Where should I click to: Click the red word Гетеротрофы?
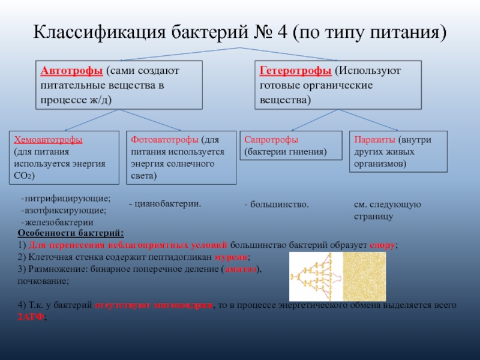pos(295,71)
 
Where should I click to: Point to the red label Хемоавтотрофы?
pos(48,139)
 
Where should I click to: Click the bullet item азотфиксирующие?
pos(65,211)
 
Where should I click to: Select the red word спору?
pos(382,245)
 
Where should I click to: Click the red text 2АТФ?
pos(30,317)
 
